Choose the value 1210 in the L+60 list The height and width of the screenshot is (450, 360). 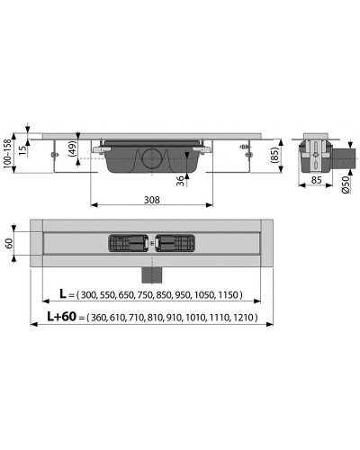pyautogui.click(x=243, y=318)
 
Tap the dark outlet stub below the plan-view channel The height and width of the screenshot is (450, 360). pyautogui.click(x=150, y=271)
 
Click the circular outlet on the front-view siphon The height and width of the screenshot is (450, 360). pyautogui.click(x=150, y=161)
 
